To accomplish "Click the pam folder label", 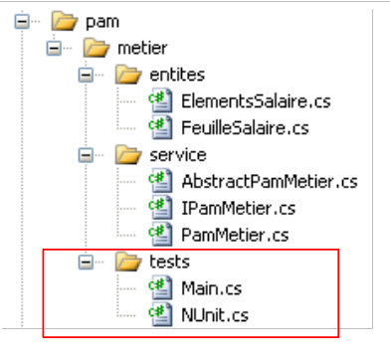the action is pos(102,23).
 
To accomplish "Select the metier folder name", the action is pos(142,49).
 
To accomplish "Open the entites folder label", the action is pos(177,75).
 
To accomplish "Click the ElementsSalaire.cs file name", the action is pos(256,101).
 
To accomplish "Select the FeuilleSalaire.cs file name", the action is pos(245,128).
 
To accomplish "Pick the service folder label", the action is pos(178,155).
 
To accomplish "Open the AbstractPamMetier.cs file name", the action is pos(270,182).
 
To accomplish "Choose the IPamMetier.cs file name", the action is pos(239,209).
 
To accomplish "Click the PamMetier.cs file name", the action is pos(235,236).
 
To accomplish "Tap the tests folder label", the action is pos(169,262).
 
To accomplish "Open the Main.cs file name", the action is pos(212,288).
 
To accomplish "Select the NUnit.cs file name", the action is pos(215,315).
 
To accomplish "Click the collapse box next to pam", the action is pos(22,22).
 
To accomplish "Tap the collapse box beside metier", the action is pos(54,49).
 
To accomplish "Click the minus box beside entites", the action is pos(86,76).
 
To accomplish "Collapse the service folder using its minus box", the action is pos(86,155).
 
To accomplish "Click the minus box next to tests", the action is pos(86,263).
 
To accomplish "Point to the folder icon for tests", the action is pos(128,262).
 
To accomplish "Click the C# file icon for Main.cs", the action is pos(161,287).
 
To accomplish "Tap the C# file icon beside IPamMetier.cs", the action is pos(161,208).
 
